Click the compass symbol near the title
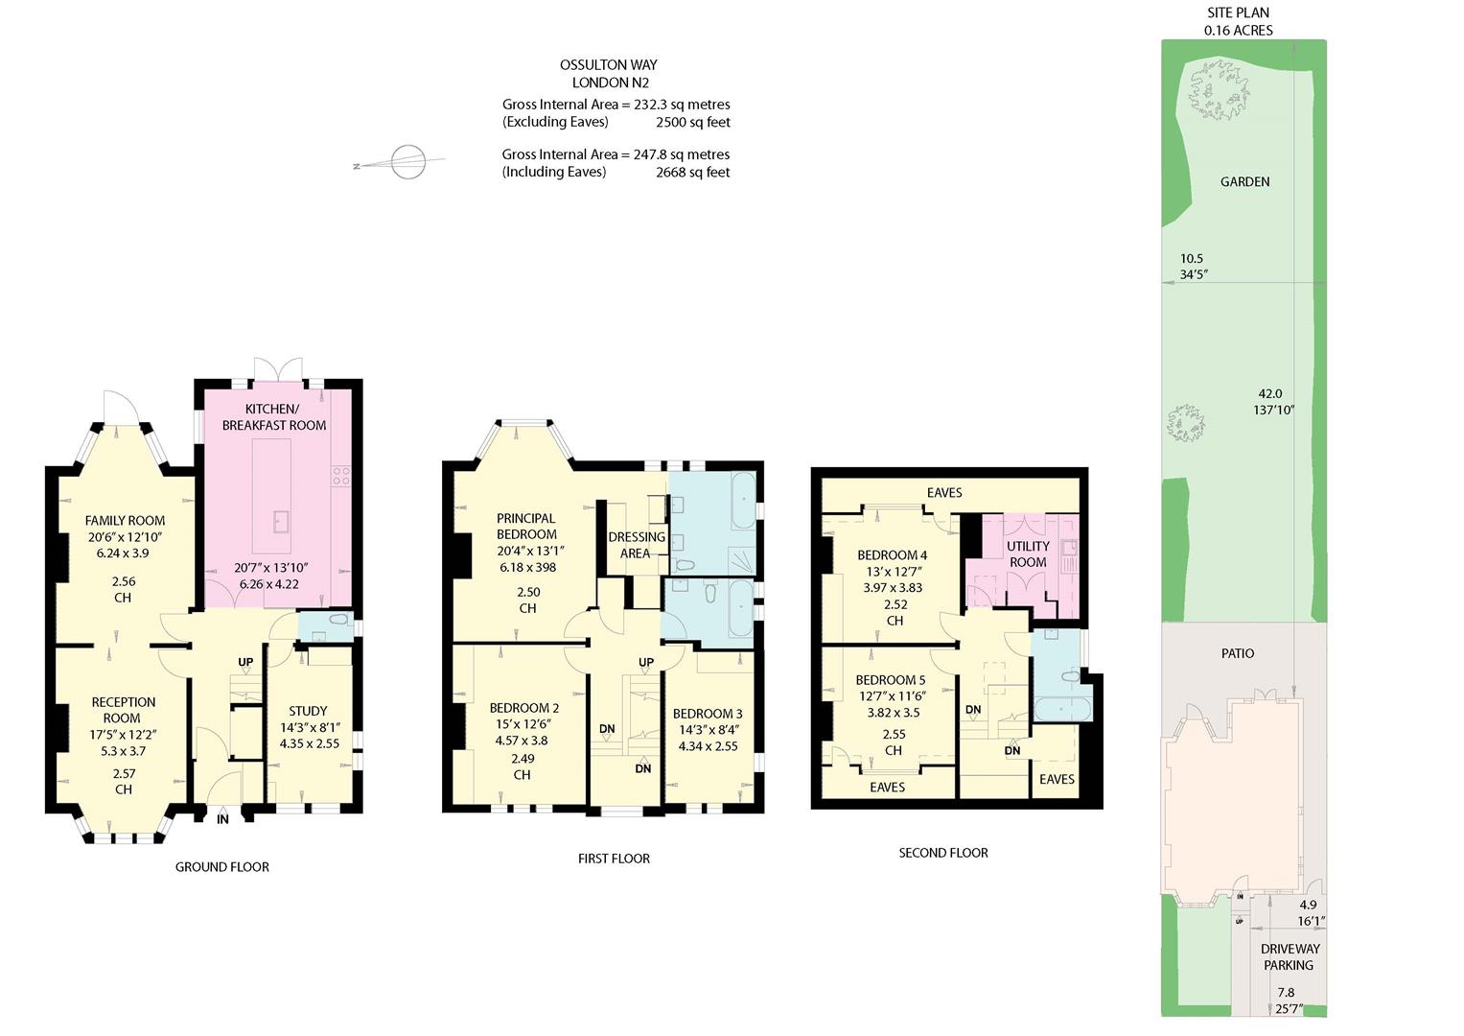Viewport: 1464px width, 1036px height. (408, 161)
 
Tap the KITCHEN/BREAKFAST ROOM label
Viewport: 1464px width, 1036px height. (274, 417)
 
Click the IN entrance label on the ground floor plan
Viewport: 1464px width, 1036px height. (222, 819)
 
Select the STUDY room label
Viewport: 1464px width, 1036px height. (308, 711)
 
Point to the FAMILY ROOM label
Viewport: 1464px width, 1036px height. (125, 521)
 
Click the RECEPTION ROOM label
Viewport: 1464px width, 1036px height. (123, 710)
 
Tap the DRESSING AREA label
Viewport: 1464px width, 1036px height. (637, 545)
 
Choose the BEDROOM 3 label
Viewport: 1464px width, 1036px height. (708, 714)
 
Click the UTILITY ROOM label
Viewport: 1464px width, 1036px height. (1028, 554)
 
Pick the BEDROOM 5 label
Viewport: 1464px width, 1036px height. (890, 680)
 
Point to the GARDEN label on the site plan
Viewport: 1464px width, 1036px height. (1245, 182)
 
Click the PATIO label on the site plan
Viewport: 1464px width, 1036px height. (1238, 653)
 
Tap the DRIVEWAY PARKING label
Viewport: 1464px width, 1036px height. (1290, 957)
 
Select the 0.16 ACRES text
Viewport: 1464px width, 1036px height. (1239, 30)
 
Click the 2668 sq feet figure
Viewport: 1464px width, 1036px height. (693, 172)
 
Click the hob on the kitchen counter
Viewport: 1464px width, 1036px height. (341, 476)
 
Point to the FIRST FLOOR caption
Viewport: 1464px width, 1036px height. (614, 859)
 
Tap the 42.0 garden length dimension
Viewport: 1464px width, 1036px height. (1270, 393)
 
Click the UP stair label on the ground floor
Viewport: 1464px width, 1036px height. (245, 662)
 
